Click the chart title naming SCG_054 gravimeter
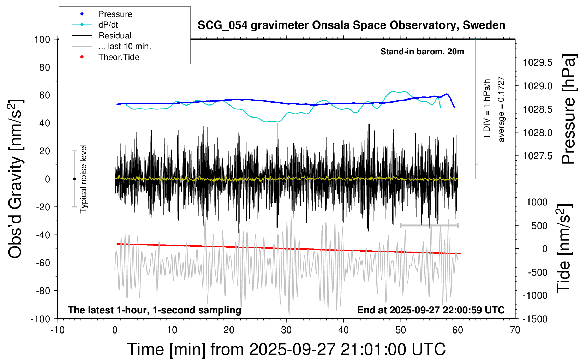pos(351,25)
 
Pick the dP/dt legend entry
pos(108,25)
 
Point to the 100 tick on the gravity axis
pos(42,39)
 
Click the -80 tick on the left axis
pos(43,291)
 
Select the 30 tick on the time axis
pos(286,330)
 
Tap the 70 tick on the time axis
pos(515,330)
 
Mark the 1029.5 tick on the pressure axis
pos(538,63)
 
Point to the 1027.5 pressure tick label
pos(538,156)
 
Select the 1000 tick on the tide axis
pos(537,202)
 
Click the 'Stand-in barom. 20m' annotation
pos(422,52)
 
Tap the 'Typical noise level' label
pos(83,179)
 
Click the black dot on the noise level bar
pos(74,179)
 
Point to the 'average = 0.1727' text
pos(501,109)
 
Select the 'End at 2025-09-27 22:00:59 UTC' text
pos(431,310)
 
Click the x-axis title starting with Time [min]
pos(286,349)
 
